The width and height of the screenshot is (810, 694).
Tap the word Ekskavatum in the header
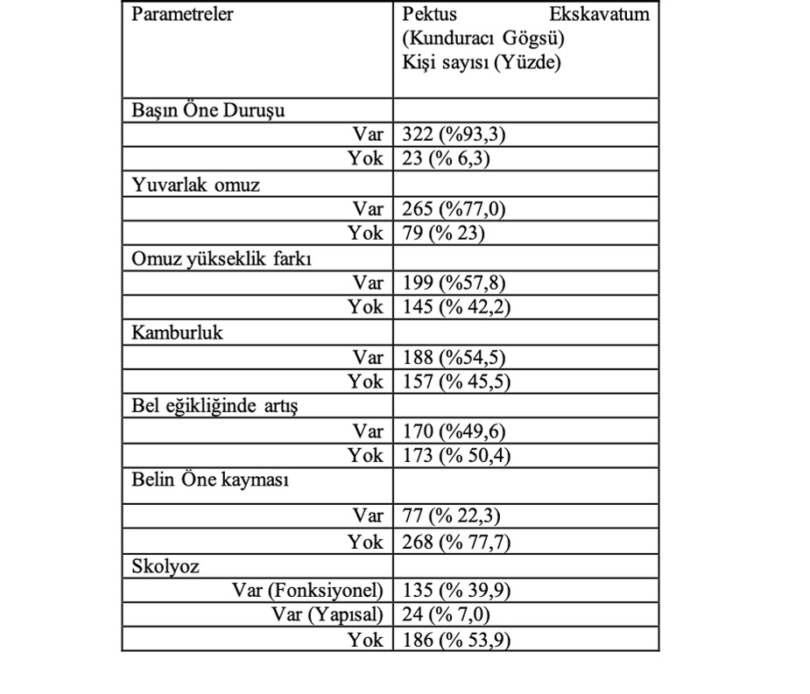599,16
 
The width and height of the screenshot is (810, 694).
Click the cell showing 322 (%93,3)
454,135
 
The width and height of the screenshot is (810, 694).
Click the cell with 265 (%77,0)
454,209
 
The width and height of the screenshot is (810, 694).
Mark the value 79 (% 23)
443,234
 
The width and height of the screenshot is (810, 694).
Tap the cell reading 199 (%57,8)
454,284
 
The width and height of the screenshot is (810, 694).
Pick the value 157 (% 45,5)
456,382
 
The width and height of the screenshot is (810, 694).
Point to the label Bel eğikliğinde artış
215,407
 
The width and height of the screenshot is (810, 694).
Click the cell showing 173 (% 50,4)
456,456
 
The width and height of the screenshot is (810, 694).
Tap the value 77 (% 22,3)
451,516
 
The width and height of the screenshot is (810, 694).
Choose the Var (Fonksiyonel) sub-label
307,591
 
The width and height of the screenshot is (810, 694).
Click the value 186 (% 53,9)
456,640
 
